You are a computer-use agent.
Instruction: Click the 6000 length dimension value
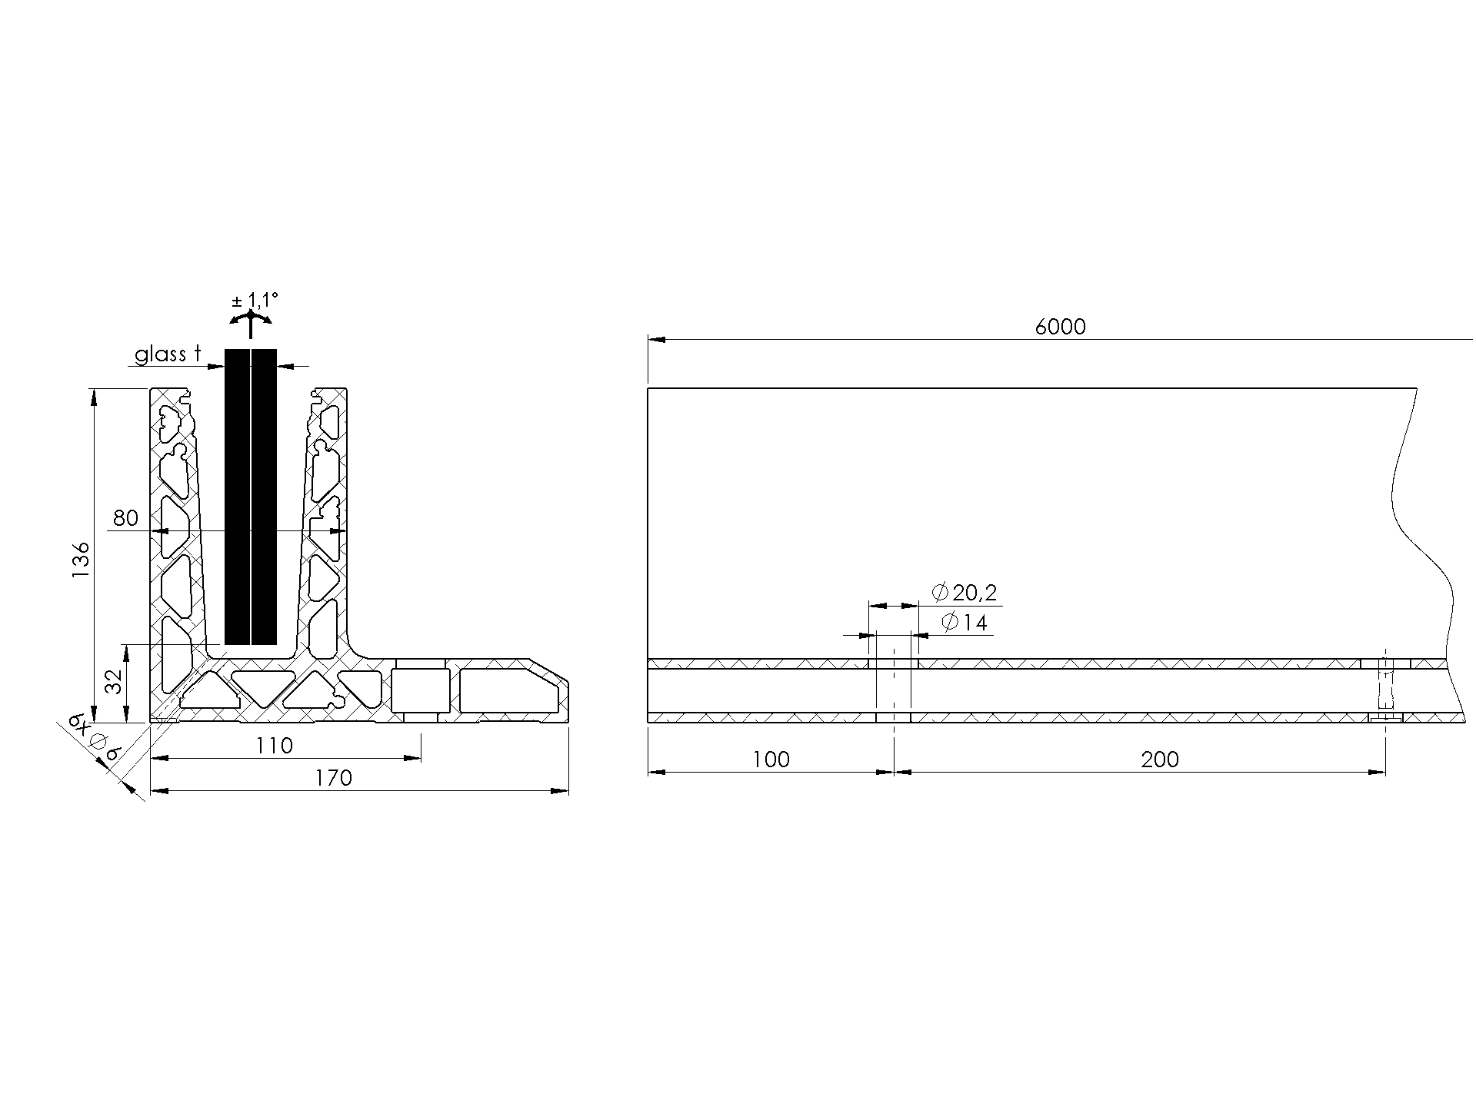(x=1060, y=327)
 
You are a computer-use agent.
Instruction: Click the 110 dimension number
(x=275, y=746)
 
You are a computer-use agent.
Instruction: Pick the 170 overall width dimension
(x=333, y=778)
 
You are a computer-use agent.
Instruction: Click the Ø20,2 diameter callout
(x=964, y=592)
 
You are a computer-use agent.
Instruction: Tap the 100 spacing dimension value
(x=771, y=760)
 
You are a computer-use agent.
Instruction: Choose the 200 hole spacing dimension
(x=1160, y=760)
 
